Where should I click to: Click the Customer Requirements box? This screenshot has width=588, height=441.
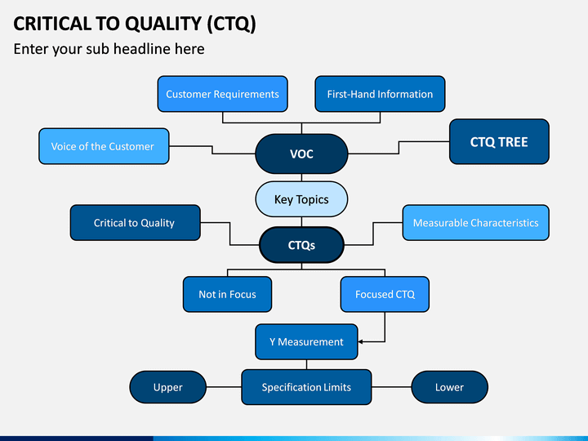pos(222,94)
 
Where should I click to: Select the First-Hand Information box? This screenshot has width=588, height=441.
pos(380,94)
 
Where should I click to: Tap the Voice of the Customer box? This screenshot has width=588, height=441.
pos(104,146)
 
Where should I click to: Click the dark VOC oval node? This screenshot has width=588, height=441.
pos(301,154)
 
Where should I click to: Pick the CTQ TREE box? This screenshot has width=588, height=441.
pos(499,142)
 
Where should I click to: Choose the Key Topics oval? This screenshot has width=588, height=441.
pos(301,199)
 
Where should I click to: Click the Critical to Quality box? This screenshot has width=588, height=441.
pos(135,223)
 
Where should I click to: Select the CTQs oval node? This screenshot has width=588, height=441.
pos(301,245)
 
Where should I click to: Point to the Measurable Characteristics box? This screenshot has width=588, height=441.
pos(476,223)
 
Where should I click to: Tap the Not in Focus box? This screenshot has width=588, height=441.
pos(227,294)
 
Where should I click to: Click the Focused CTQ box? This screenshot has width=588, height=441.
pos(385,294)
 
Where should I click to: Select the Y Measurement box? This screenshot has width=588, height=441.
pos(306,341)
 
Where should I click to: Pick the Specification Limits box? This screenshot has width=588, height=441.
pos(306,387)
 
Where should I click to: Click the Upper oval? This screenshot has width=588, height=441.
pos(167,387)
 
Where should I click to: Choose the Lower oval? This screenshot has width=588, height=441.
pos(450,387)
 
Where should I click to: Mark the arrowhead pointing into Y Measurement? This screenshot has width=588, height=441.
pos(360,341)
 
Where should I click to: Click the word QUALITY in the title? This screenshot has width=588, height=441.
pos(163,24)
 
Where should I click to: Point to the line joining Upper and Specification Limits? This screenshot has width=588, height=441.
pos(224,387)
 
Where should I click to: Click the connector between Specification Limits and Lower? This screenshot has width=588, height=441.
pos(391,387)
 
